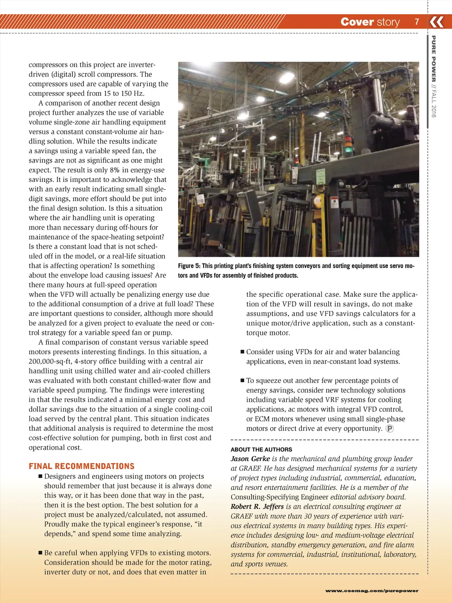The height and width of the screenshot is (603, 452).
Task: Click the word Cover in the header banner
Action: (x=357, y=22)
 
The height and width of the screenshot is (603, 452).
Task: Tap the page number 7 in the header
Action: (x=416, y=22)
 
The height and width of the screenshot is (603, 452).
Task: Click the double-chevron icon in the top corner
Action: (x=437, y=22)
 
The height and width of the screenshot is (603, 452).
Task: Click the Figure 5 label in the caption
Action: (x=189, y=266)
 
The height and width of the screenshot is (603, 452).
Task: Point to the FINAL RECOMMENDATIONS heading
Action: (x=82, y=466)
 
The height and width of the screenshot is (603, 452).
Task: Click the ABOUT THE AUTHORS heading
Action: (x=261, y=449)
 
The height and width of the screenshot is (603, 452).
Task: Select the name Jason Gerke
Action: (x=250, y=459)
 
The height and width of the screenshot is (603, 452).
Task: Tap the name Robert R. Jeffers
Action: (x=257, y=506)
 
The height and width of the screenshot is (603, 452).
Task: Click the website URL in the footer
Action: (x=372, y=591)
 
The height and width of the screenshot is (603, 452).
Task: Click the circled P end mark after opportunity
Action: (x=389, y=429)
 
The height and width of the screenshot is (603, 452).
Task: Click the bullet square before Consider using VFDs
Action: (x=242, y=352)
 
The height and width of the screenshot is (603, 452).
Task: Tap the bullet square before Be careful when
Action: (x=40, y=553)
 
